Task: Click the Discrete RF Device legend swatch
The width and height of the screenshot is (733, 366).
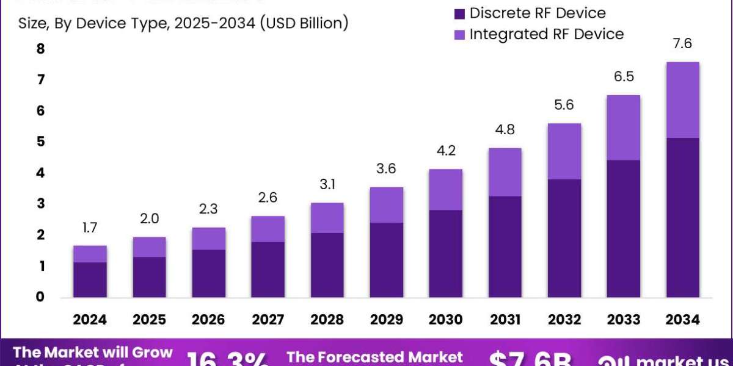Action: [460, 13]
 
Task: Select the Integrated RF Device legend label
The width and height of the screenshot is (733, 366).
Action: [547, 34]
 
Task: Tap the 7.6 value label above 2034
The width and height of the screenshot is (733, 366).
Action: [683, 44]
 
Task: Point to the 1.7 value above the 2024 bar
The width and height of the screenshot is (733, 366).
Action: [90, 228]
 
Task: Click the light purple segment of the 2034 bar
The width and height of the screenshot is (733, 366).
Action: [683, 100]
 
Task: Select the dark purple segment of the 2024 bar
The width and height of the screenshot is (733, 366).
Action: [90, 280]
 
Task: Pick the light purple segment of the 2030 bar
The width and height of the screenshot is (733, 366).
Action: [446, 190]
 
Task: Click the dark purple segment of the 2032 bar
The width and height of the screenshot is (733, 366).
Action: [564, 239]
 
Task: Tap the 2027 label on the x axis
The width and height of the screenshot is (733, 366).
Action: [268, 320]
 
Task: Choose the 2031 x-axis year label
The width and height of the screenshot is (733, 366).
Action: [505, 320]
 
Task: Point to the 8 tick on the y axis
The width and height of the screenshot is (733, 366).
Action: [41, 49]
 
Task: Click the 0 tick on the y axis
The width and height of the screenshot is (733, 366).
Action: [41, 297]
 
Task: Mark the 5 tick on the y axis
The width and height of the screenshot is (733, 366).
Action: [41, 142]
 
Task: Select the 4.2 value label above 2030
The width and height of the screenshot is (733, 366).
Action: [446, 151]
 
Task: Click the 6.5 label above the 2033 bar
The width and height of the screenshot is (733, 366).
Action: [624, 77]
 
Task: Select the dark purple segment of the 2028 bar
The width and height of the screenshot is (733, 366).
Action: [327, 265]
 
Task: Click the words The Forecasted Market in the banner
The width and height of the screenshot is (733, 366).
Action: [374, 356]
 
